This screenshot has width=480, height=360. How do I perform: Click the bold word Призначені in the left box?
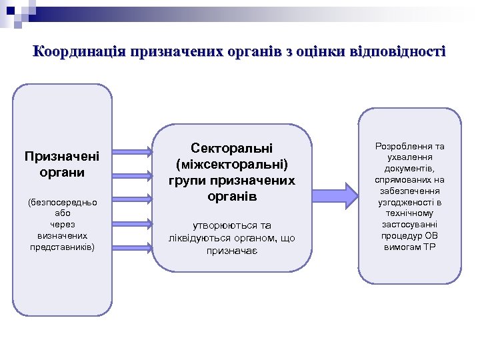coord(62,157)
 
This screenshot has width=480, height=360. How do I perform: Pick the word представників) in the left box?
coord(62,247)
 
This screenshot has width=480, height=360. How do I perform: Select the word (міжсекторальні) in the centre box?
coord(231,163)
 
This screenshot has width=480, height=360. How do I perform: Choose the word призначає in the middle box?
coord(231,251)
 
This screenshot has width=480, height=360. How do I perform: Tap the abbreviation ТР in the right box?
coord(429,247)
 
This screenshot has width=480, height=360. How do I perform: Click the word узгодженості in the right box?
coord(404,202)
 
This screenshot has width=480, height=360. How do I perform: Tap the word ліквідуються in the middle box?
coord(201,238)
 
